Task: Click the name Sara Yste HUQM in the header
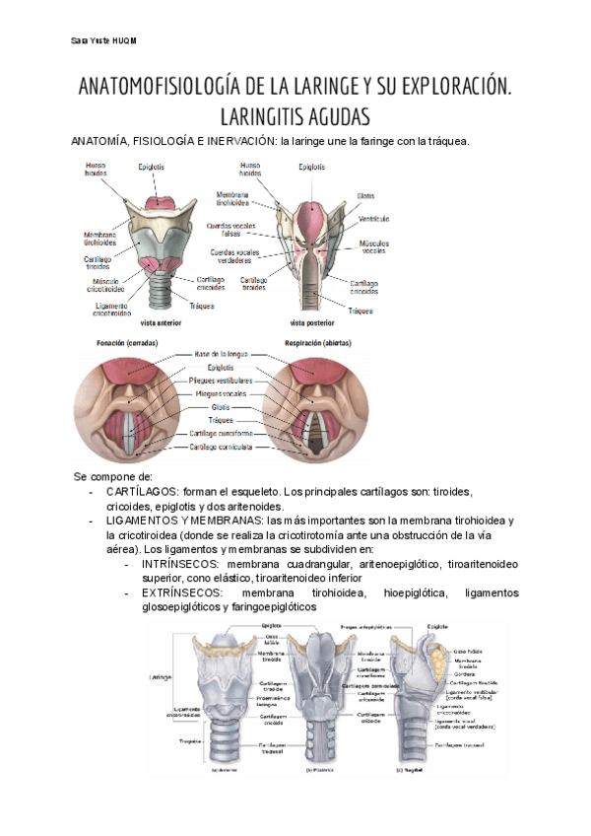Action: coord(103,40)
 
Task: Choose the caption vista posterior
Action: coord(312,322)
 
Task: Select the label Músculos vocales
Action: coord(374,246)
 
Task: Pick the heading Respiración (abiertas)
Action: coord(317,343)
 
